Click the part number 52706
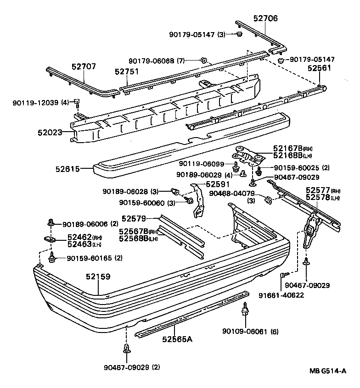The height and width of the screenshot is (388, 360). coord(265,18)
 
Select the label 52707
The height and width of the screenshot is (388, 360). coord(84,67)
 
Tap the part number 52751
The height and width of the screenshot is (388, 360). coord(127,72)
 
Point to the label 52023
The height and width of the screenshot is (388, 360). coord(50,133)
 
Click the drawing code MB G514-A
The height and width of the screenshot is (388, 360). coord(327,371)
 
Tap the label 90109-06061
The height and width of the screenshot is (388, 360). coord(245,332)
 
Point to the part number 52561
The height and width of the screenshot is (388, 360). coord(319,68)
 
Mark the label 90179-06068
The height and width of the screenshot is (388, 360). coord(151,61)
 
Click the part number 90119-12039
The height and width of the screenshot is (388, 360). coord(35,102)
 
